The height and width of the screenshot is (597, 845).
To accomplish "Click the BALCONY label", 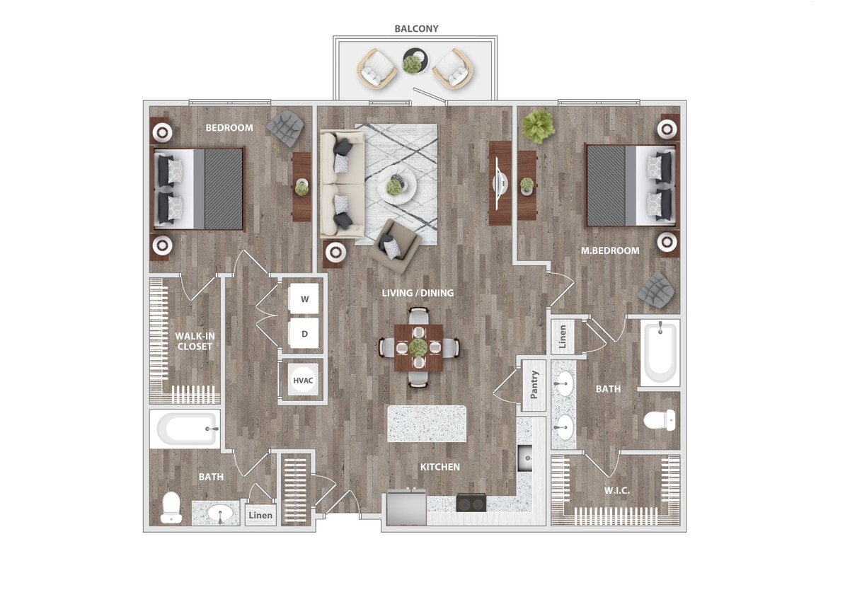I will tap(416, 29).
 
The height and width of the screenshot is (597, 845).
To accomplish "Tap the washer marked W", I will tap(304, 299).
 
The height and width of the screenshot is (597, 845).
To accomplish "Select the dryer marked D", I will tap(304, 333).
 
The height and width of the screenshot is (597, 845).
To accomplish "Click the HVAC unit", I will tap(303, 381).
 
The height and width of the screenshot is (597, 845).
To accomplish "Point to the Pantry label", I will tap(534, 386).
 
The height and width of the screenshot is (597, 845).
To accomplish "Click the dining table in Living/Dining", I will tap(418, 347).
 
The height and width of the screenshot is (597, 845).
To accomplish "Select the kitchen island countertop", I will tap(427, 424).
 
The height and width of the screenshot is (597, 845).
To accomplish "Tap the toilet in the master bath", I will tap(660, 421).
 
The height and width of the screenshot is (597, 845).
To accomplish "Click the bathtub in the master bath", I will tap(660, 352).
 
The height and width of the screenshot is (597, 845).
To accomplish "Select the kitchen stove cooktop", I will tap(471, 502).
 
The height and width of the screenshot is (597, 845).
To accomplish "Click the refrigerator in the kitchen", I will tap(405, 509).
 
